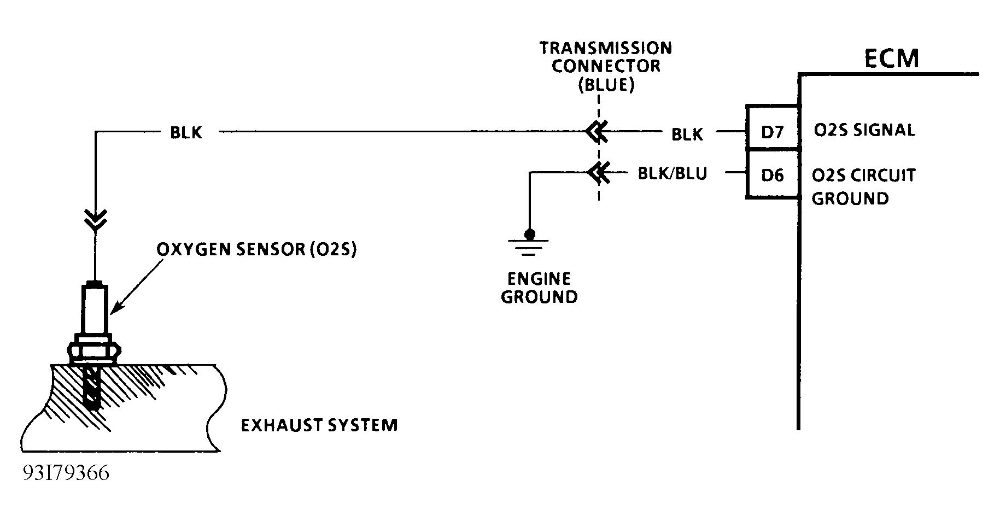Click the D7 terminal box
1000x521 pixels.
pos(773,132)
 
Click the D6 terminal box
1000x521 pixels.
pos(773,175)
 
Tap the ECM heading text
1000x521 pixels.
pos(891,59)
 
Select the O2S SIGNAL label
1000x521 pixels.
pos(864,131)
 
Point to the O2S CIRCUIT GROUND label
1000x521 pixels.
pos(862,186)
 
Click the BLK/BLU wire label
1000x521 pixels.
pos(672,174)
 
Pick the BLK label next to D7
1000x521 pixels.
pos(687,134)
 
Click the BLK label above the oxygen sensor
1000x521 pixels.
pos(186,132)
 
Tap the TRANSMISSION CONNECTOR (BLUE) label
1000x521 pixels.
pos(606,66)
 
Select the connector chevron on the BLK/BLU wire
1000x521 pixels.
pos(597,173)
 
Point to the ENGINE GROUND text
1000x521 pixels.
pos(539,288)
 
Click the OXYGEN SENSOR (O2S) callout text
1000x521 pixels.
pos(256,250)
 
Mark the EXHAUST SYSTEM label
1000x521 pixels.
pos(319,425)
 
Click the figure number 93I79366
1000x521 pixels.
pos(66,473)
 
